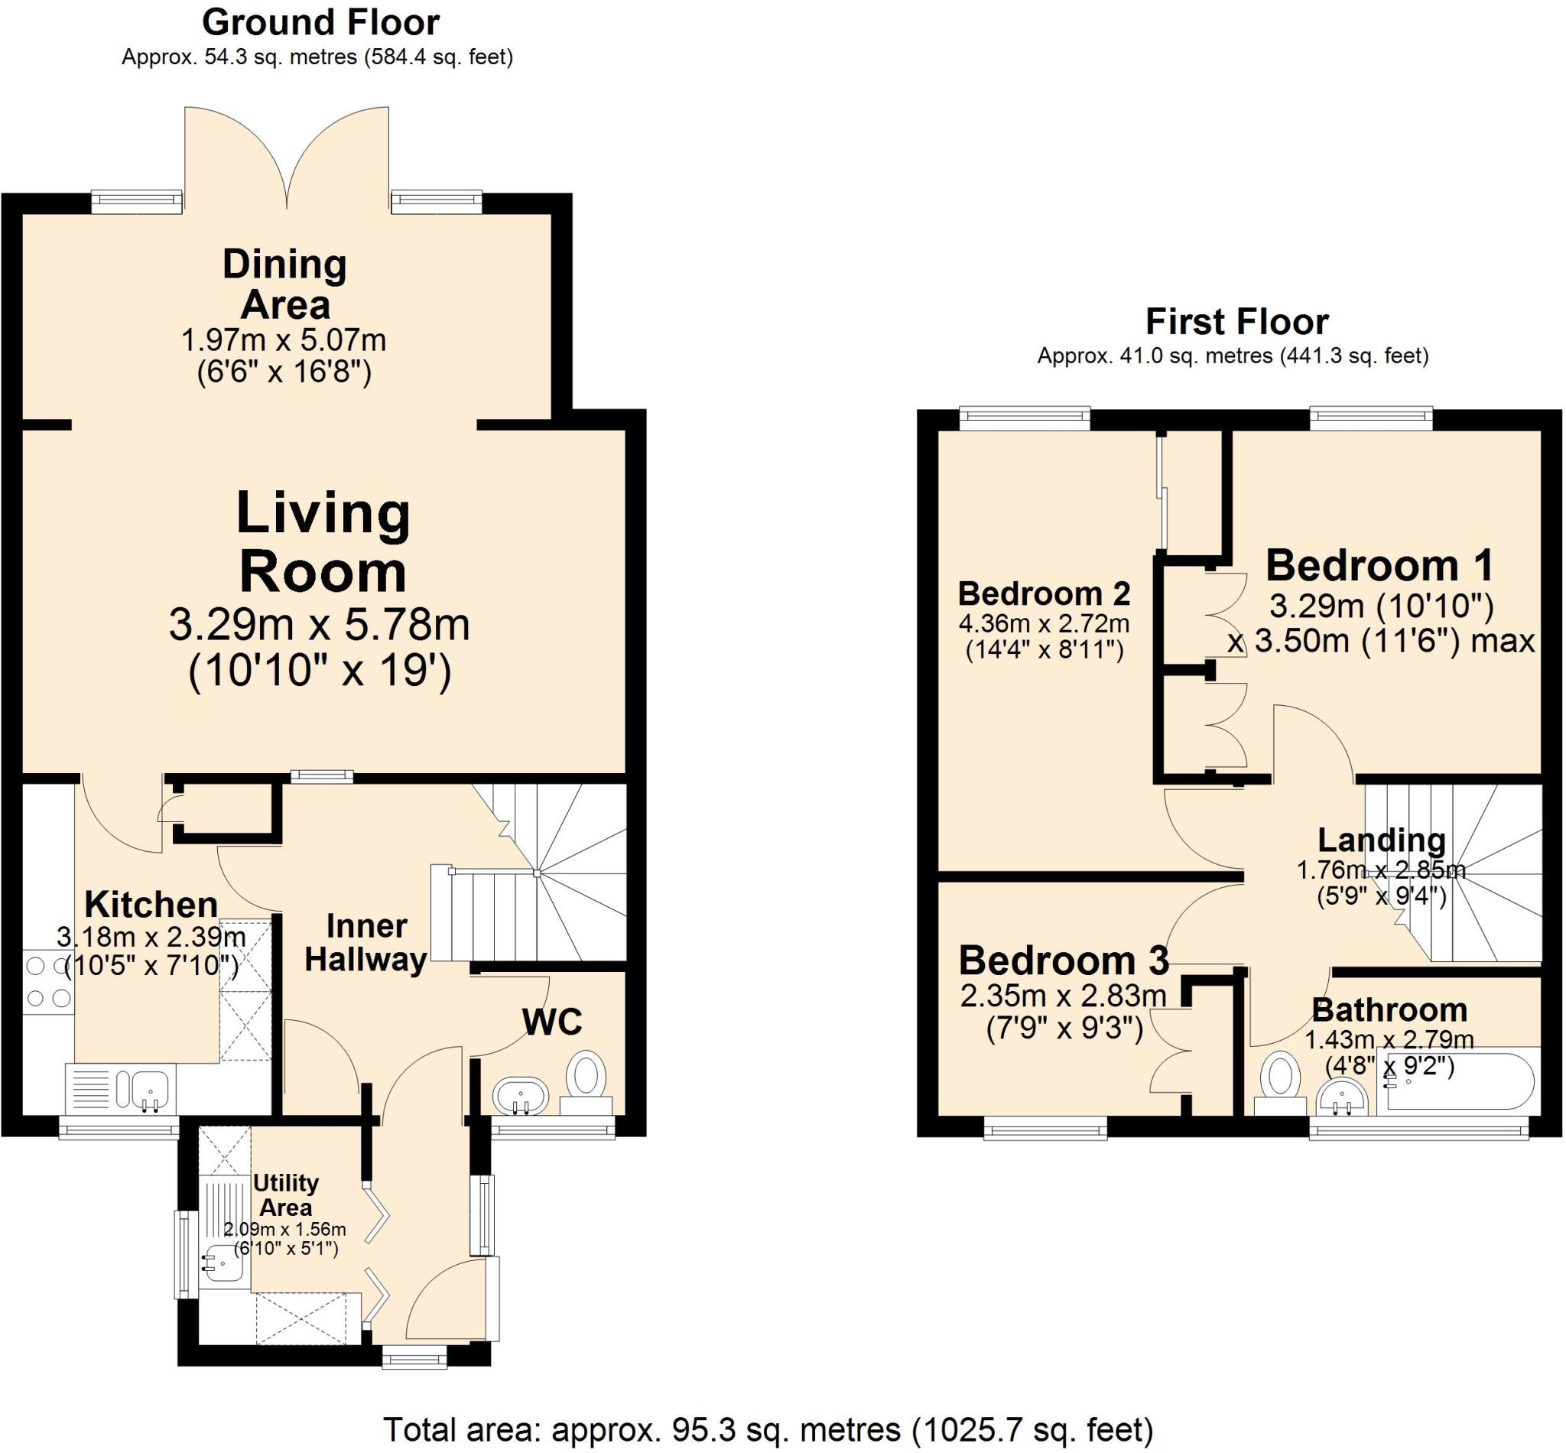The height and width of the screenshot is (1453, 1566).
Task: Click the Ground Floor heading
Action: [320, 23]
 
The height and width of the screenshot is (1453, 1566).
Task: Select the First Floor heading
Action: [1236, 322]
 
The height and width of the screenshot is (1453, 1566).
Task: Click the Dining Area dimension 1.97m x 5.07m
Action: [284, 340]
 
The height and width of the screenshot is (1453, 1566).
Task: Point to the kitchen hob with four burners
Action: [48, 981]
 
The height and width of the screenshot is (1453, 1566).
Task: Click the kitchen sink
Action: [142, 1090]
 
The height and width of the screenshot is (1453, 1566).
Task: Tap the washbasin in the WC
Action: [520, 1095]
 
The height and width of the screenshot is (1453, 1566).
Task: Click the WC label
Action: [552, 1022]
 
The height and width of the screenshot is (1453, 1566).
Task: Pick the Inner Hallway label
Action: [366, 943]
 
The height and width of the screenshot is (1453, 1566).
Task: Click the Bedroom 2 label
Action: [1043, 593]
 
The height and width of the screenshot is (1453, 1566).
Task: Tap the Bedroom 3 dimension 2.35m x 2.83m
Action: [1063, 996]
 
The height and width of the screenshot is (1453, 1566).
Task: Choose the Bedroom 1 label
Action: [1379, 565]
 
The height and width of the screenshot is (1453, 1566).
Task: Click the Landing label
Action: [1381, 840]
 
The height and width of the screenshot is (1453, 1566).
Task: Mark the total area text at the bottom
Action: [767, 1426]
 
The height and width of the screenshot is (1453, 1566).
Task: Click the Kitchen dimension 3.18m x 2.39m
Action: [151, 938]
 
